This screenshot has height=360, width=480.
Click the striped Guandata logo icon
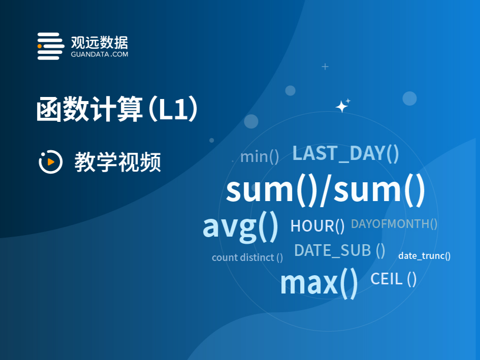(51, 46)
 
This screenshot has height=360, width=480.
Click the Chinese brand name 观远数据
(100, 43)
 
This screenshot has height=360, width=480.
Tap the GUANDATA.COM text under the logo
(100, 54)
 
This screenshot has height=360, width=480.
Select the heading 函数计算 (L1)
(117, 109)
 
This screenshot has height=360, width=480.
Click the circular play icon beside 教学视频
(50, 161)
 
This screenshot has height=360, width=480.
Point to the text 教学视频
(118, 162)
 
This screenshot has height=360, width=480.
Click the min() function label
(260, 157)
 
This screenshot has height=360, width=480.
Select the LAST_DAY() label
(345, 153)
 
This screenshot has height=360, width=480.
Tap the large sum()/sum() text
(326, 190)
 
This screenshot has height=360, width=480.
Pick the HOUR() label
(317, 226)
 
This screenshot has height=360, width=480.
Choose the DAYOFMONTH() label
(394, 224)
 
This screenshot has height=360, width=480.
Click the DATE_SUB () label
(339, 250)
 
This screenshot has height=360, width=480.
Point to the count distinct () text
(247, 257)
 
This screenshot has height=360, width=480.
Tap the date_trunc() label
(424, 255)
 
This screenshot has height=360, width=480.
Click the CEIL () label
(393, 279)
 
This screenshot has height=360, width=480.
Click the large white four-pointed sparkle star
(341, 107)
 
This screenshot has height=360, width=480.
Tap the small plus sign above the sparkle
(325, 67)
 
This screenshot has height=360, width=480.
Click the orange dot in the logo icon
(40, 46)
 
